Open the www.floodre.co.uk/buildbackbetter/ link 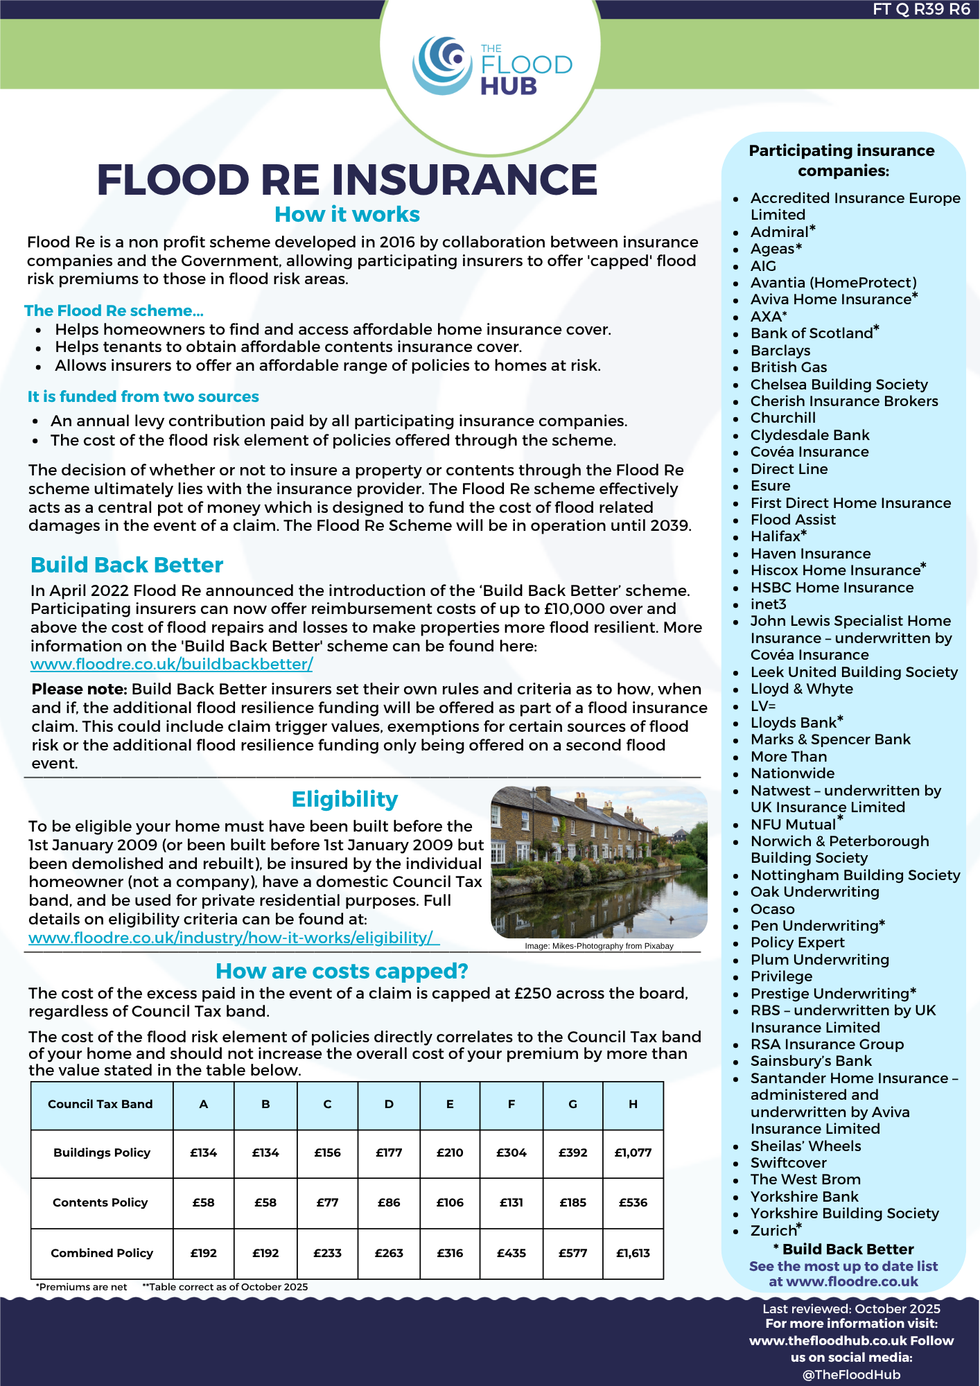coord(171,664)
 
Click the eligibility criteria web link coord(234,938)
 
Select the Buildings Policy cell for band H coord(633,1152)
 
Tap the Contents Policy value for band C coord(327,1202)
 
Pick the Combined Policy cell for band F coord(511,1253)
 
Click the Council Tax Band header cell coord(100,1104)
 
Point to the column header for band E coord(450,1104)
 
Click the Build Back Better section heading coord(127,565)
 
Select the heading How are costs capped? coord(342,971)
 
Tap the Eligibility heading coord(344,799)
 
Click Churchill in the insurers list coord(782,418)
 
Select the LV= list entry coord(763,705)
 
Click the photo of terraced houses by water coord(599,861)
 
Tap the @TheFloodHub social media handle coord(851,1375)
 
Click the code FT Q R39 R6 coord(921,9)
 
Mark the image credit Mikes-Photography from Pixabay coord(599,946)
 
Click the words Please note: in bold coord(80,689)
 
